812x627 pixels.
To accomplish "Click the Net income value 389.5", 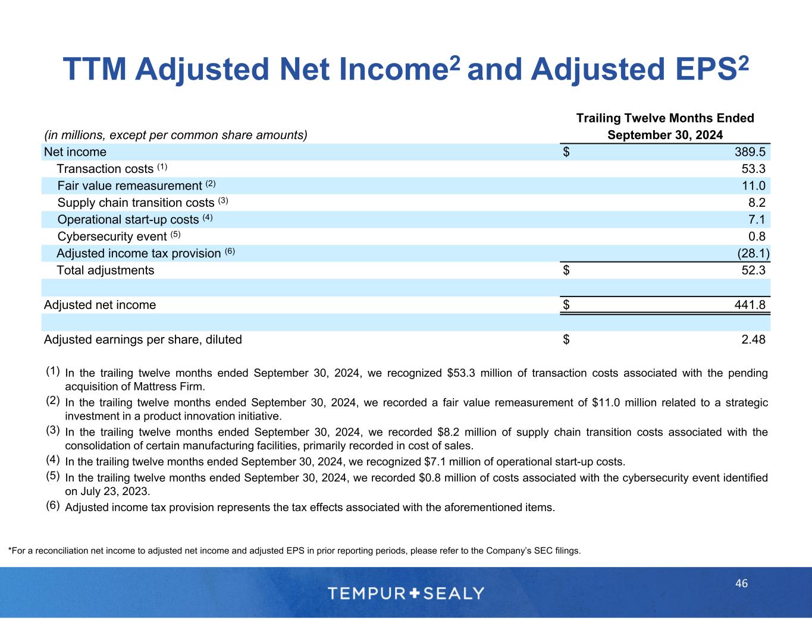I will click(750, 152).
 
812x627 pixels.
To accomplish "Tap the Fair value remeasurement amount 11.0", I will click(753, 186).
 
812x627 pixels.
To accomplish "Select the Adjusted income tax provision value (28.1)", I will click(753, 254).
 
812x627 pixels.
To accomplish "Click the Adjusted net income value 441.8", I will click(750, 305).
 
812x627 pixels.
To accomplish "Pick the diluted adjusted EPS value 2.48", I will click(753, 339).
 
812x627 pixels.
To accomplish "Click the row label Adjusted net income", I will click(100, 305).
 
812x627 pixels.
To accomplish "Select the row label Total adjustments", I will click(105, 270).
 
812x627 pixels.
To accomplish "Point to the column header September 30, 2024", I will click(665, 135).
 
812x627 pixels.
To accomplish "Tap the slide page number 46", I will click(741, 584).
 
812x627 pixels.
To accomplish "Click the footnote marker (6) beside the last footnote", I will click(53, 505).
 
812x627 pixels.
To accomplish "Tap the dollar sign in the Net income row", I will click(566, 152).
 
